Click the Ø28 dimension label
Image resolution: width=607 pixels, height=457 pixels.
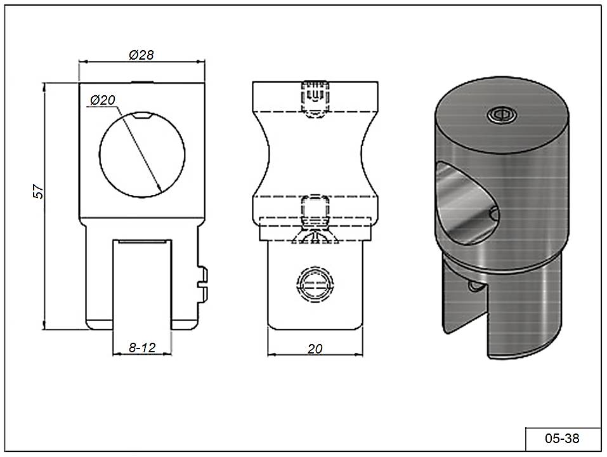(x=141, y=55)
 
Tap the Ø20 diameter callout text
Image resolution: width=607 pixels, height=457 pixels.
(x=103, y=100)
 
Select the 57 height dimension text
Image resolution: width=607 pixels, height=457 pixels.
(x=38, y=191)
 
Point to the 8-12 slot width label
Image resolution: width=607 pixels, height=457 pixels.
(x=142, y=347)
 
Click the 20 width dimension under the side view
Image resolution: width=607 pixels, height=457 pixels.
(x=315, y=349)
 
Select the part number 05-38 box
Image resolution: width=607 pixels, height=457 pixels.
(x=563, y=439)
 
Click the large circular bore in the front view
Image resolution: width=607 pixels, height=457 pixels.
(x=100, y=155)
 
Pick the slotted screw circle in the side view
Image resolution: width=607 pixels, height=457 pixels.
(x=315, y=284)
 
